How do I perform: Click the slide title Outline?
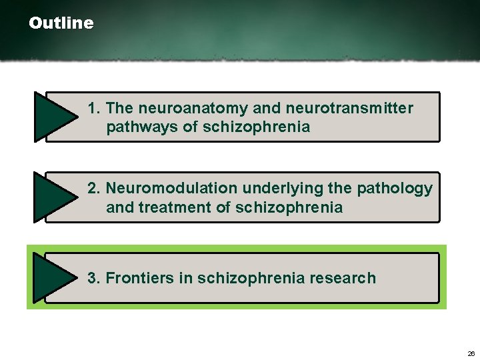click(61, 23)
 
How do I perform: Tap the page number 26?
click(471, 353)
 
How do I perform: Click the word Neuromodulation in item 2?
click(172, 189)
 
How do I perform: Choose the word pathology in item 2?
click(395, 189)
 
